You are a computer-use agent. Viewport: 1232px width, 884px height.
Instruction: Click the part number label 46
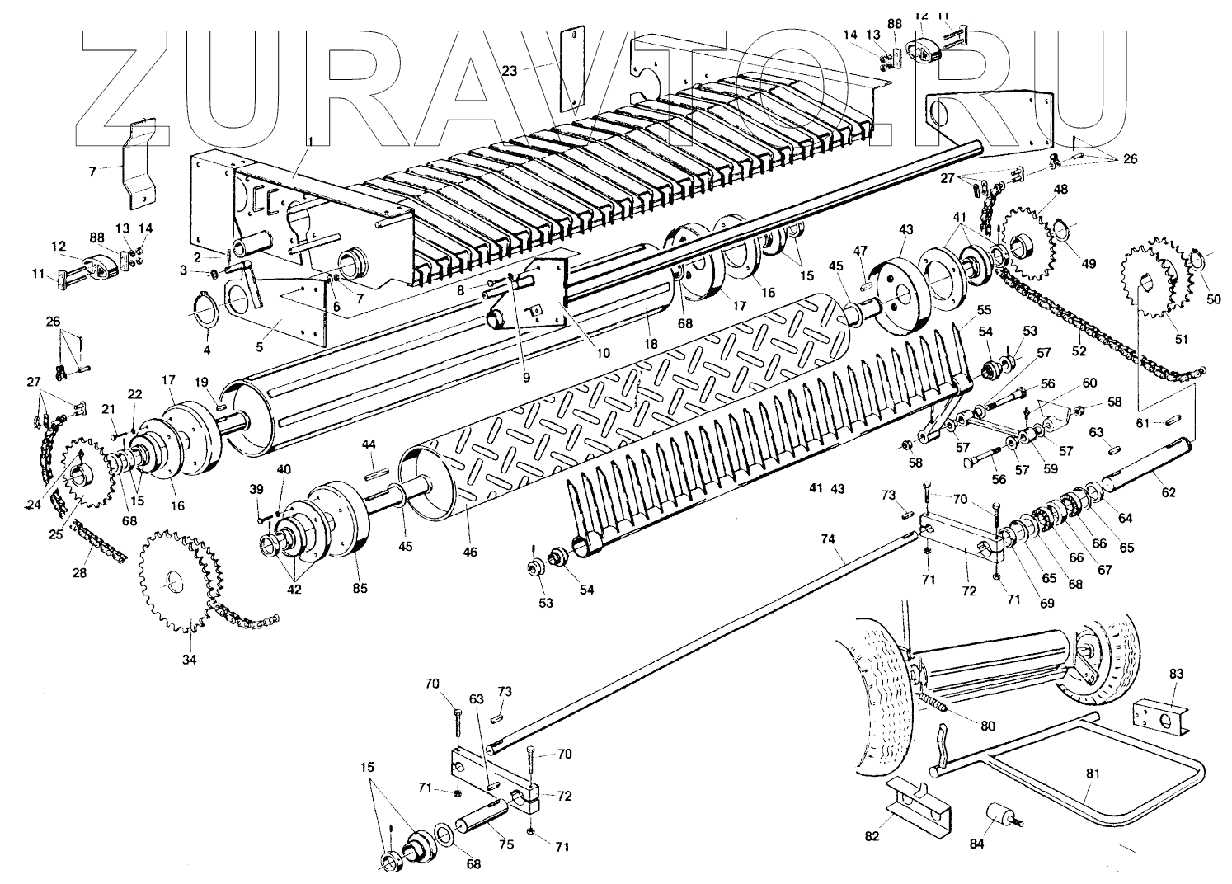[x=469, y=552]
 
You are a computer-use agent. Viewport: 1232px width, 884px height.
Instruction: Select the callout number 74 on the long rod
[x=828, y=539]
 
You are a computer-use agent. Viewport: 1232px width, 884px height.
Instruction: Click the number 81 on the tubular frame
[x=1093, y=774]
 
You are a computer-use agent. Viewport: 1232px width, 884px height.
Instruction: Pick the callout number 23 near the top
[x=510, y=71]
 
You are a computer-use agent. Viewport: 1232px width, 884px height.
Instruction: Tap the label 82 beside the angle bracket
[x=872, y=836]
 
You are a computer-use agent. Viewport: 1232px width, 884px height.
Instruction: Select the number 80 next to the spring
[x=988, y=726]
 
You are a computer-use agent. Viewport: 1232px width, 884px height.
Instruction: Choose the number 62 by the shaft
[x=1169, y=492]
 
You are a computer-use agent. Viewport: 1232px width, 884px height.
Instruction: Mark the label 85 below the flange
[x=360, y=589]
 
